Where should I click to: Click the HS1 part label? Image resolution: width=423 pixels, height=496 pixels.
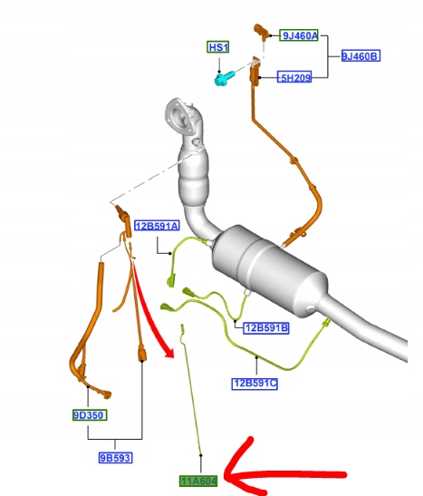[x=218, y=47]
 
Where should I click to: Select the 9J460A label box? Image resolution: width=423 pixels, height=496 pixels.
[x=299, y=35]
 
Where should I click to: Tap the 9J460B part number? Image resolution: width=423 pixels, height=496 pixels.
[x=361, y=56]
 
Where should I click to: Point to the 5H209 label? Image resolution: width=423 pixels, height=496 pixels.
[x=294, y=77]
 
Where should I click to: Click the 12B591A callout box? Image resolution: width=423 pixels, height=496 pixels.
[x=157, y=226]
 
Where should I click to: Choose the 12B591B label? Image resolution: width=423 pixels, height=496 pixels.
[x=266, y=327]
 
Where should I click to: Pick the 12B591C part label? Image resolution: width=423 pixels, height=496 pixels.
[x=255, y=384]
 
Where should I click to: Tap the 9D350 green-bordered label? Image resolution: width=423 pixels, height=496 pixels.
[x=90, y=414]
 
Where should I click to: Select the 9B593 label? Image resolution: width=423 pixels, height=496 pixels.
[x=115, y=458]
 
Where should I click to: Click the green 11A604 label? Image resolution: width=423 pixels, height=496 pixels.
[x=198, y=481]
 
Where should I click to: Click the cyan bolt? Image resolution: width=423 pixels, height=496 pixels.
[x=224, y=78]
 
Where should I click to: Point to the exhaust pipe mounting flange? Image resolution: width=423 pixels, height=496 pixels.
[x=178, y=115]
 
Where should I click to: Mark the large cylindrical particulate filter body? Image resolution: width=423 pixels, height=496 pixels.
[x=268, y=269]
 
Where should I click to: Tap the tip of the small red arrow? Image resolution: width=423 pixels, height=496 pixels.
[x=173, y=357]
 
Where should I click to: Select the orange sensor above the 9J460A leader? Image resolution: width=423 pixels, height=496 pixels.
[x=261, y=32]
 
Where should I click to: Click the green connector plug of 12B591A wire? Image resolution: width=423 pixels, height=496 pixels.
[x=171, y=281]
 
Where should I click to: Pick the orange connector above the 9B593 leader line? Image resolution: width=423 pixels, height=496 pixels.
[x=142, y=354]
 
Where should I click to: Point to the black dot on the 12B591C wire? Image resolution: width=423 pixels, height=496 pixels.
[x=256, y=357]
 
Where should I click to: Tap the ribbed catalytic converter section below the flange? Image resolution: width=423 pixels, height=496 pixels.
[x=193, y=177]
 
